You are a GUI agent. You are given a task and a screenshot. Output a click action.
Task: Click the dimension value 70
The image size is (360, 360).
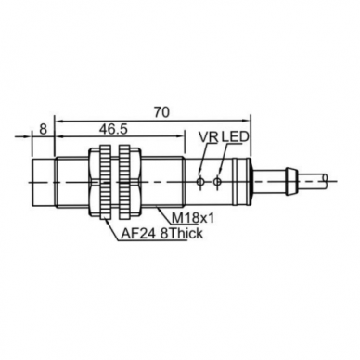pos(161,112)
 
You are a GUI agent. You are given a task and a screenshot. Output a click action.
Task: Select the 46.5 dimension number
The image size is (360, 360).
pos(113,129)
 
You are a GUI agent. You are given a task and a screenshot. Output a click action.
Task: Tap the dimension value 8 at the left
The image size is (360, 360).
pos(44,129)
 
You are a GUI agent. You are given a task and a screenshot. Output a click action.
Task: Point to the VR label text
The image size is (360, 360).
pos(209,137)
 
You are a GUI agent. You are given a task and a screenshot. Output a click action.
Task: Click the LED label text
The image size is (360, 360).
pos(236,136)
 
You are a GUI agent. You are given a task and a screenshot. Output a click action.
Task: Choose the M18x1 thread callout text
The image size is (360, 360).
pos(193,218)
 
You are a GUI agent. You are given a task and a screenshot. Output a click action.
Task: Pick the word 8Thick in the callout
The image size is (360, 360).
pos(182,234)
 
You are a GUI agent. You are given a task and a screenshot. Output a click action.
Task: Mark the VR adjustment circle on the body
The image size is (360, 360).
pos(200,182)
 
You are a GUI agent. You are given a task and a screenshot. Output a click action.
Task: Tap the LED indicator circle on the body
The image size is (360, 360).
pos(218,182)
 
